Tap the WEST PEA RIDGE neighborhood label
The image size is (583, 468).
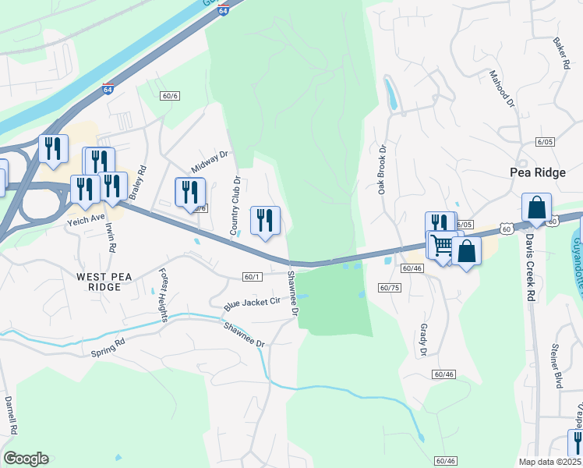point(99,281)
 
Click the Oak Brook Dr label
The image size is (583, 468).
point(383,171)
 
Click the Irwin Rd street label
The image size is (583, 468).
point(111,237)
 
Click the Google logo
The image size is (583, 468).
point(26,459)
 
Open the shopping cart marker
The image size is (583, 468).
point(441,246)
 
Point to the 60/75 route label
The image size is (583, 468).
point(390,288)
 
